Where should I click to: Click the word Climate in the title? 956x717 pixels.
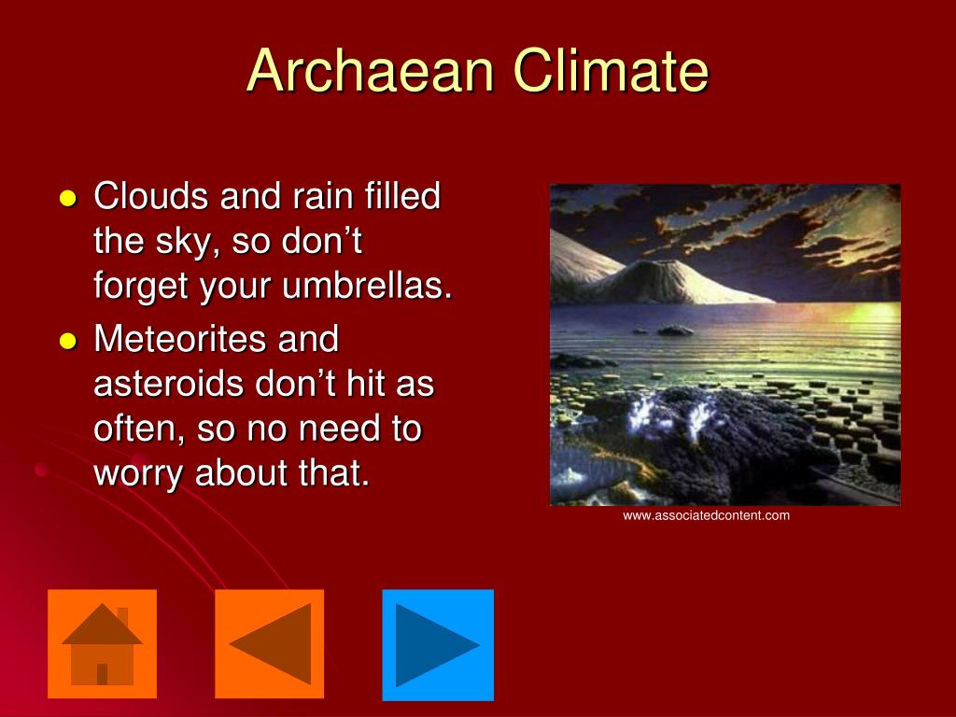(601, 71)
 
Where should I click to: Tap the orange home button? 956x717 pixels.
(102, 644)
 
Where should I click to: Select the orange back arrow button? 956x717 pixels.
(270, 644)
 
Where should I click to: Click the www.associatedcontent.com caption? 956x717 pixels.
(707, 515)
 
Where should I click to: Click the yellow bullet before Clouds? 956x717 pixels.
(66, 199)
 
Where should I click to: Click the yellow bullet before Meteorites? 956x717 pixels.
(66, 341)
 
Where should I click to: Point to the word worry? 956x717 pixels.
(139, 473)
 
